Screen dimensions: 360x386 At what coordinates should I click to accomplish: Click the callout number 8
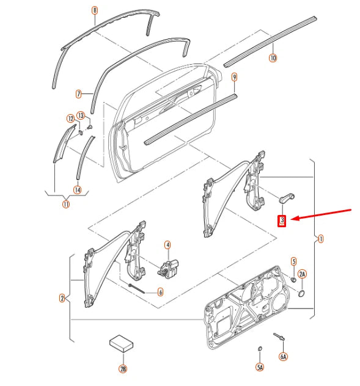(x=95, y=10)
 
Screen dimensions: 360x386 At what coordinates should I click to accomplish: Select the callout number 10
(x=273, y=58)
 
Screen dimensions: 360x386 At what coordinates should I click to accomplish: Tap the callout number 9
(x=234, y=78)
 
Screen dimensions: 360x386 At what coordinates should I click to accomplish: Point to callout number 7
(x=79, y=94)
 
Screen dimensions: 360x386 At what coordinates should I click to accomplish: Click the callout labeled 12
(x=71, y=118)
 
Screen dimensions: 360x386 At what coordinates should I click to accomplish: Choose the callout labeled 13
(x=81, y=115)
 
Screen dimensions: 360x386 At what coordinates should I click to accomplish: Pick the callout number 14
(x=78, y=190)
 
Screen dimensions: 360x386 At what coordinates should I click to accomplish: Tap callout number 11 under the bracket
(x=66, y=204)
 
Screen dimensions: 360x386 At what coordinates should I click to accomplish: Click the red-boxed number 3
(x=282, y=220)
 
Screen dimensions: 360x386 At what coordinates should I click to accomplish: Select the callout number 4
(x=167, y=245)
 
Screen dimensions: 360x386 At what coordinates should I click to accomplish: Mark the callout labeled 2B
(x=123, y=369)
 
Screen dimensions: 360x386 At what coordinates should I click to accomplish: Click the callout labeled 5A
(x=260, y=367)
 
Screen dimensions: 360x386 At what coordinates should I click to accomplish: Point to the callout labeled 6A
(x=284, y=356)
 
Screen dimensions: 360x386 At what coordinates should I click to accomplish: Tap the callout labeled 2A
(x=302, y=274)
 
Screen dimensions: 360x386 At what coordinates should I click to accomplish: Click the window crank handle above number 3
(x=287, y=198)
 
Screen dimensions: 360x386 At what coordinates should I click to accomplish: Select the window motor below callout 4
(x=168, y=269)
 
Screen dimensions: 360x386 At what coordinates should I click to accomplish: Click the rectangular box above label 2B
(x=121, y=343)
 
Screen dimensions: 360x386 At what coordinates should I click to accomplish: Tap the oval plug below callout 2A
(x=301, y=293)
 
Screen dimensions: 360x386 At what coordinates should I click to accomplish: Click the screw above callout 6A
(x=279, y=337)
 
